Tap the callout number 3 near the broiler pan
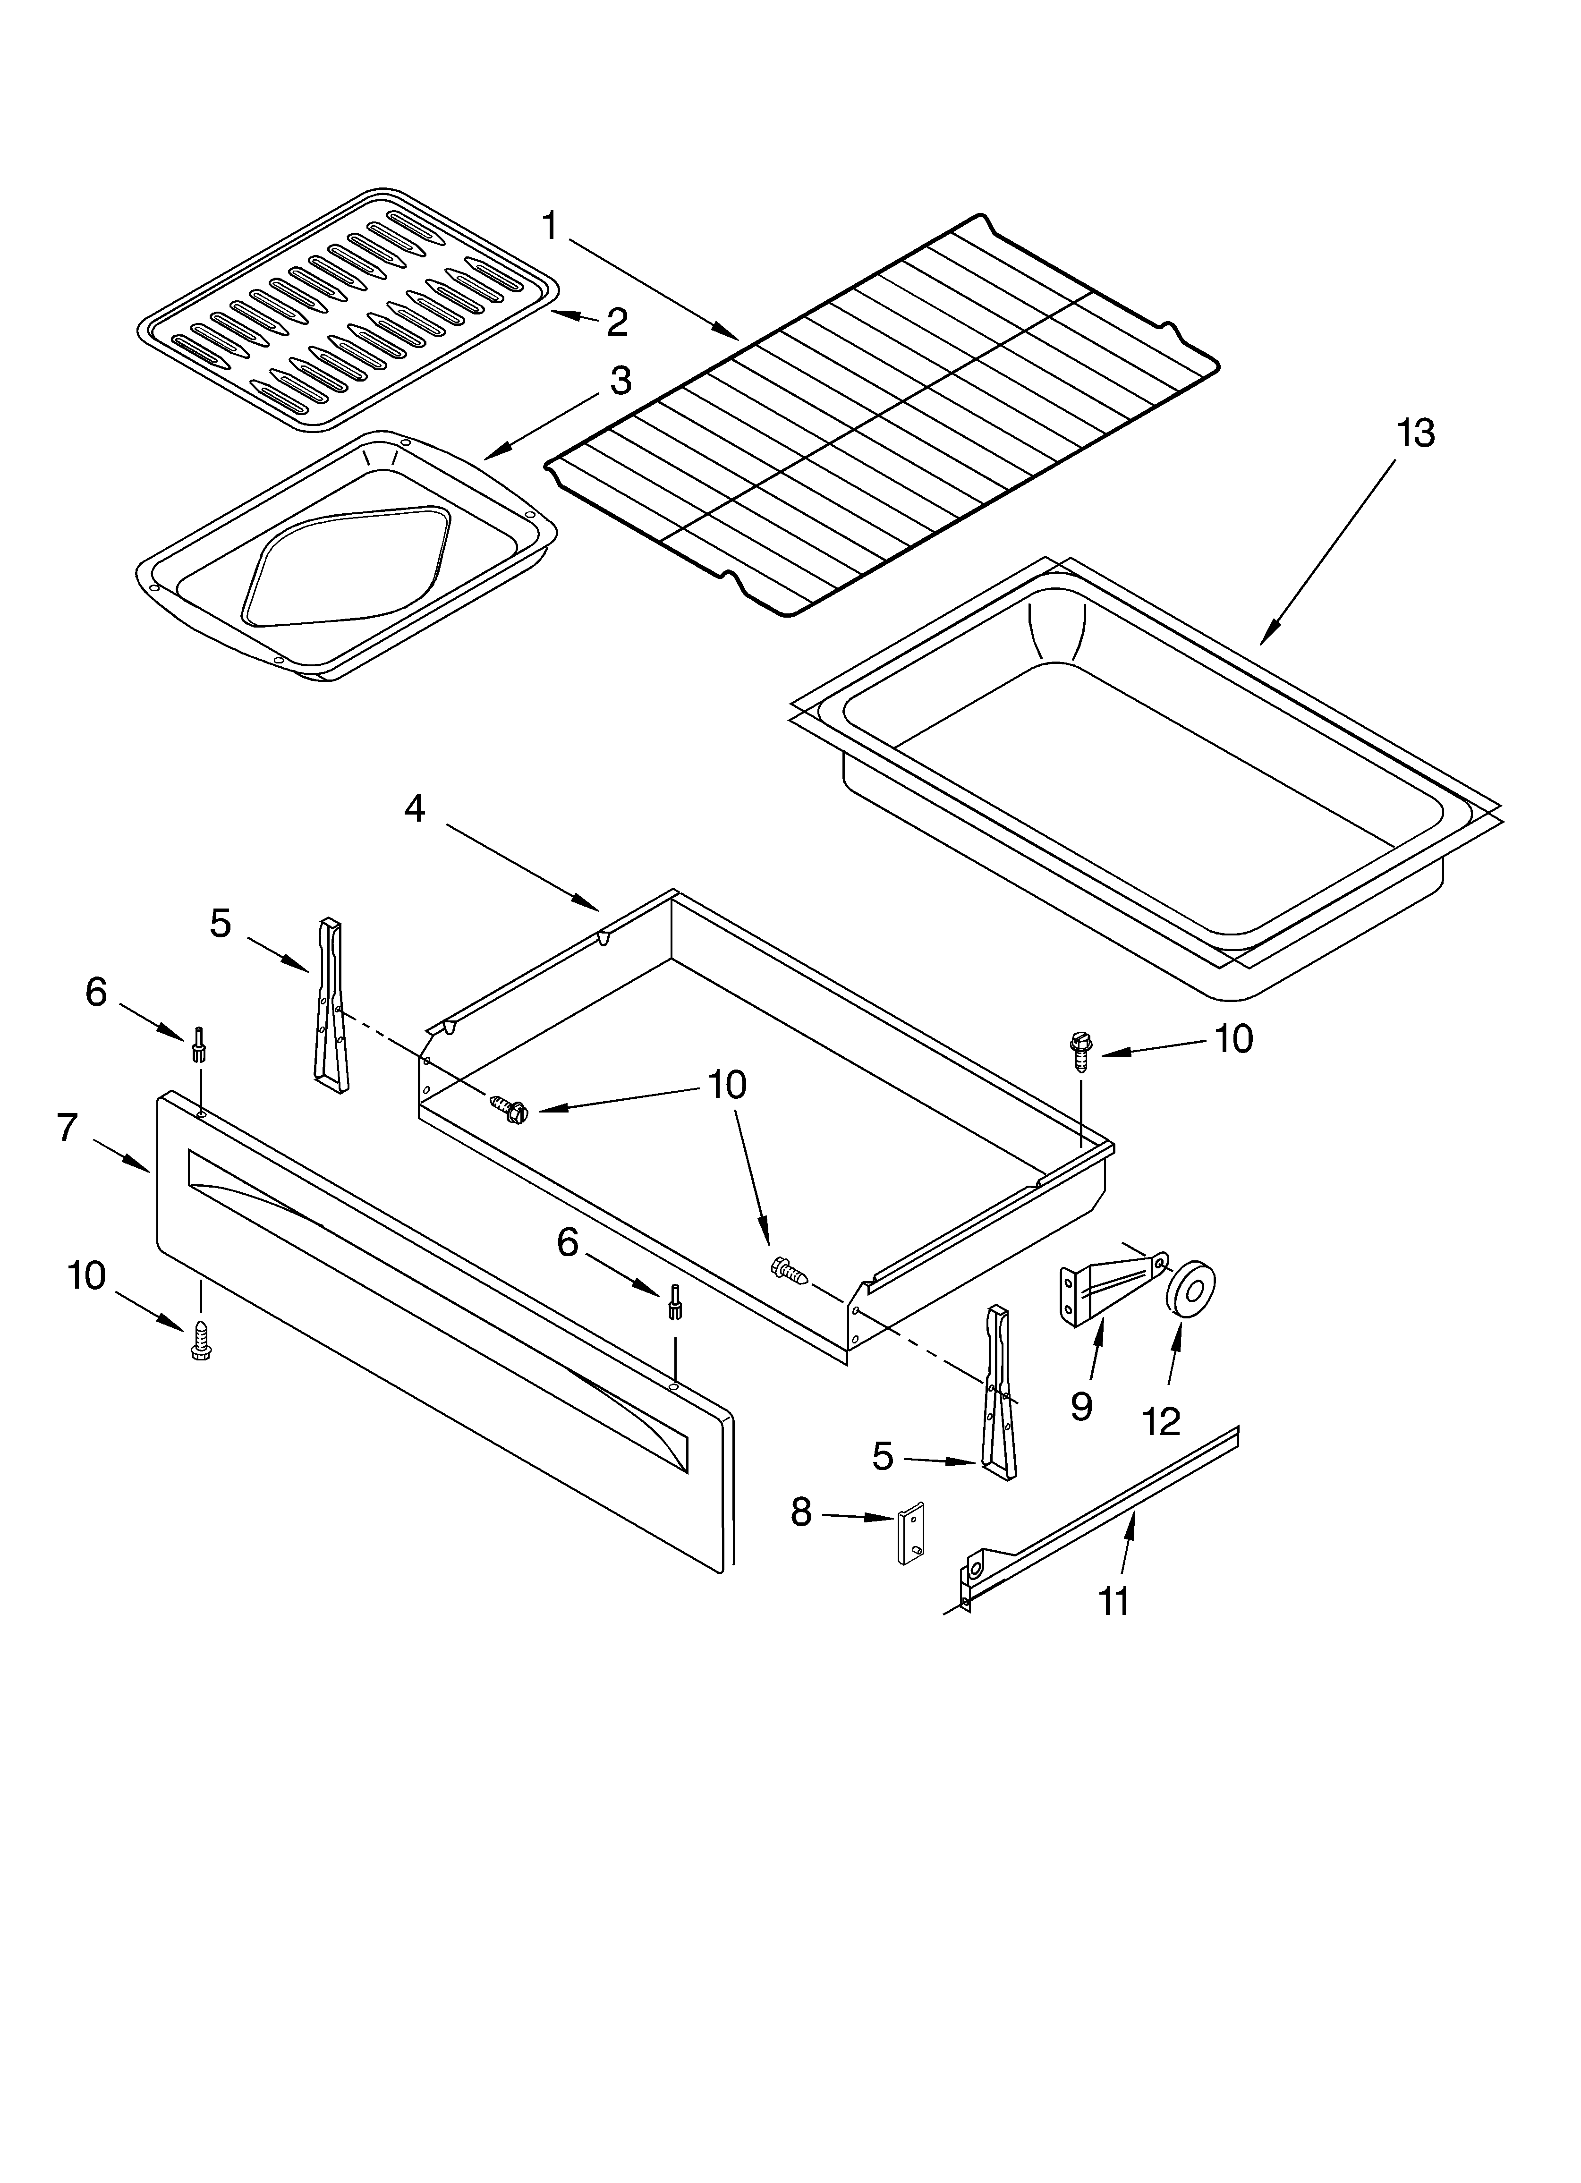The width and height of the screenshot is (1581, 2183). coord(621,381)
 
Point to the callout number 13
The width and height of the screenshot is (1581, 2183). coord(1415,434)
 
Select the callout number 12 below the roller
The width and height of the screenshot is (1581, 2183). coord(1162,1421)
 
